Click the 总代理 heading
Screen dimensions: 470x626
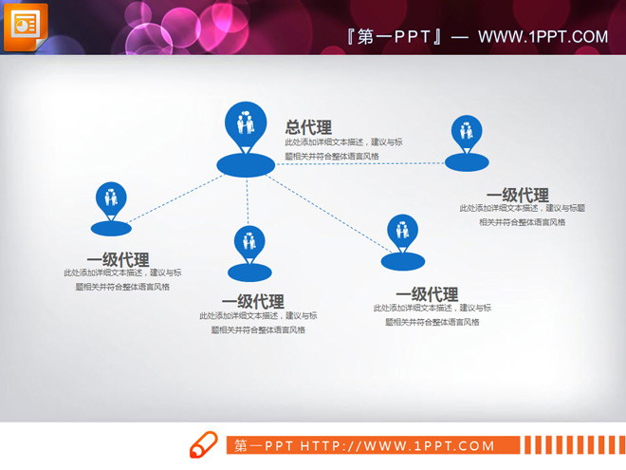308,127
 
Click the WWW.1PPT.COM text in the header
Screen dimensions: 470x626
543,37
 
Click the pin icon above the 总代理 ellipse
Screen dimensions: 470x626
246,126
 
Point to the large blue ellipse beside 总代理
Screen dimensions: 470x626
246,164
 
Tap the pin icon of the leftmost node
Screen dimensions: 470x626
112,199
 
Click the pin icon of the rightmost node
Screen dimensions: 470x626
466,134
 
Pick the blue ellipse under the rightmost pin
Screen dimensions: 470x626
467,163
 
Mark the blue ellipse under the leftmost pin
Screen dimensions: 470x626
112,228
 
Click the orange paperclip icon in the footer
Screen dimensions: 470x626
204,444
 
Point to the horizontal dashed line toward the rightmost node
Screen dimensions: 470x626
360,164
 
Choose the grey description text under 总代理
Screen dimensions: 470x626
343,149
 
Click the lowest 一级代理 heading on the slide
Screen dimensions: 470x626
252,302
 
